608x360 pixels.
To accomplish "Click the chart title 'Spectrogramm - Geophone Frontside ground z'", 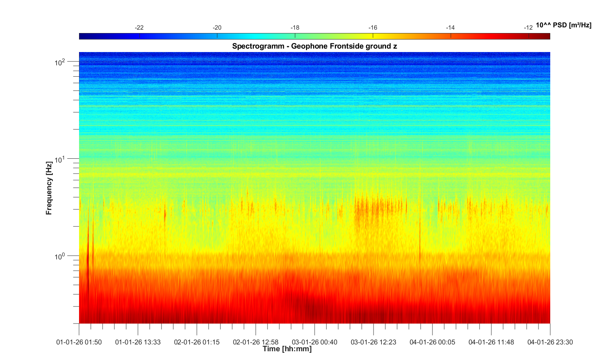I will pos(315,46).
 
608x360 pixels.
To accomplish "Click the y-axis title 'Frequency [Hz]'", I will pos(49,188).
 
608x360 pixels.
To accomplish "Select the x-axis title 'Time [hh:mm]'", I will pos(287,349).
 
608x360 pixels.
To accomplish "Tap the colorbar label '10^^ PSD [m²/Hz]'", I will pos(563,25).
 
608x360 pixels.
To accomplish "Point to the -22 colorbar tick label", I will pos(139,28).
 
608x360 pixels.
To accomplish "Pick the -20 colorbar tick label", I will pos(217,28).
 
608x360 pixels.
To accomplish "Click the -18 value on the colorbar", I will pos(295,28).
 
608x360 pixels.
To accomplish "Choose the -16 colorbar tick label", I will pos(373,28).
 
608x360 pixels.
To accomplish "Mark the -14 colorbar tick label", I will pos(450,28).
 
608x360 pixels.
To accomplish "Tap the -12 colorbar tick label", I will pos(528,28).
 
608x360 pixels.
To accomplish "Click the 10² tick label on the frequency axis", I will pos(60,62).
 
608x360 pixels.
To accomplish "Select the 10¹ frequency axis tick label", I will pos(60,159).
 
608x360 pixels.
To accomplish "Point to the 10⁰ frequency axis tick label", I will pos(60,257).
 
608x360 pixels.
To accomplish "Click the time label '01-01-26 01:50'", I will pos(79,342).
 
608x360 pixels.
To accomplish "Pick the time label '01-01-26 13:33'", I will pos(138,342).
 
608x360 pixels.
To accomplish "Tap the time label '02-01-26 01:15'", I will pos(197,342).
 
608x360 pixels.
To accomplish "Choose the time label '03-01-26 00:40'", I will pos(315,342).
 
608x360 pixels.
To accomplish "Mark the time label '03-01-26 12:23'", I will pos(374,342).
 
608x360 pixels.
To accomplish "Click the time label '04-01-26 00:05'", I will pos(432,342).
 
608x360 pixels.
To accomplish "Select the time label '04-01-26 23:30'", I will pos(550,342).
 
